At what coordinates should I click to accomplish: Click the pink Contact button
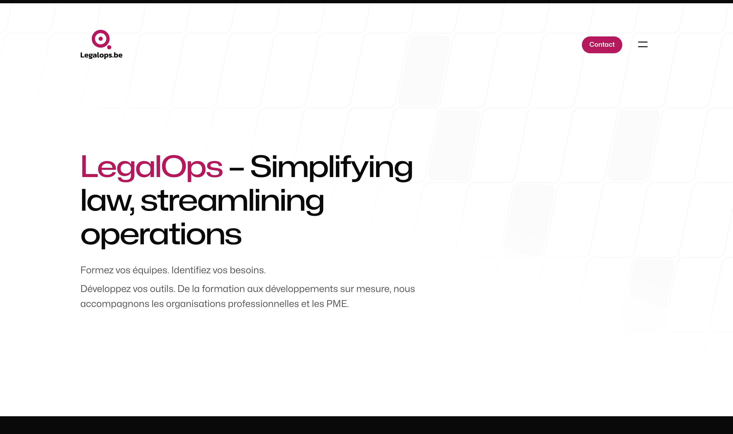602,45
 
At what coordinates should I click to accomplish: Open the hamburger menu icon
643,44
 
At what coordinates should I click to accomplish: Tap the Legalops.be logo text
101,55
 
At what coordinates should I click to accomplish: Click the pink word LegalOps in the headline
151,167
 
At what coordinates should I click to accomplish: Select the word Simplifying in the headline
331,167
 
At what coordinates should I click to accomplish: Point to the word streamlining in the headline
232,201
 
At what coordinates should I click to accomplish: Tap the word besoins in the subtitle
247,270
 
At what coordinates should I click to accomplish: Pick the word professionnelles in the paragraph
263,304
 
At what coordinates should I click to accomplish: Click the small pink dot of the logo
109,47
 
